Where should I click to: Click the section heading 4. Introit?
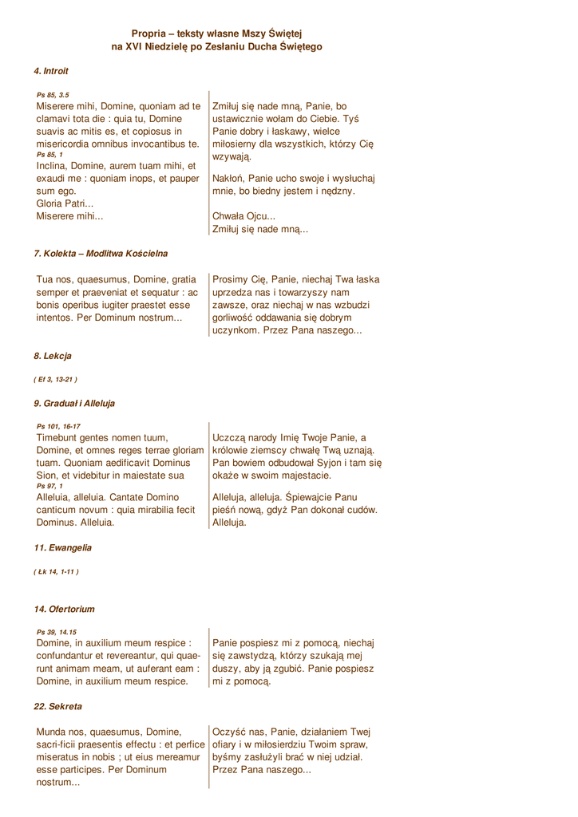[x=51, y=71]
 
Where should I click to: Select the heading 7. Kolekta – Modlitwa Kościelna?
[x=101, y=253]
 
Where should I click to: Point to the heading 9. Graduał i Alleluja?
[x=74, y=403]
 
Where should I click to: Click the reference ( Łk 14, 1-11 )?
[x=56, y=572]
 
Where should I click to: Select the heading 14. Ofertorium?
[x=64, y=610]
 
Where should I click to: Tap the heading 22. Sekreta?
[x=57, y=706]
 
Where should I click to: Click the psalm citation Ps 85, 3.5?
[x=53, y=95]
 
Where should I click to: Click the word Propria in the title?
[x=148, y=34]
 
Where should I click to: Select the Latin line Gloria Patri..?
[x=64, y=203]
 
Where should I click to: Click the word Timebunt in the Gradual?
[x=61, y=437]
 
